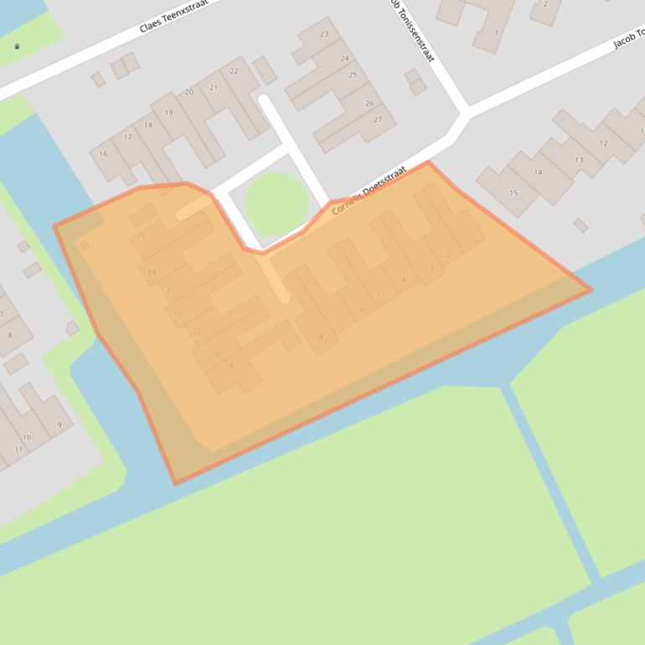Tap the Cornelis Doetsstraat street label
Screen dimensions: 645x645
coord(369,190)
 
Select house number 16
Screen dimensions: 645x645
coord(103,154)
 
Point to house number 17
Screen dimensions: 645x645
coord(128,137)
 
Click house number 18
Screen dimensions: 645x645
coord(148,126)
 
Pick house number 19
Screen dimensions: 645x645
coord(168,113)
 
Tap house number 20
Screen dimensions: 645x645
coord(189,92)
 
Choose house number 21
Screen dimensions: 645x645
coord(214,88)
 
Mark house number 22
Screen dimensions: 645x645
coord(234,71)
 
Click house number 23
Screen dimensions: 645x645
coord(324,34)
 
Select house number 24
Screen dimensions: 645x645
coord(344,59)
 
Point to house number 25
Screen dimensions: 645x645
coord(353,75)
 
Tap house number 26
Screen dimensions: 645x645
coord(369,104)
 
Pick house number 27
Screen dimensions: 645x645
coord(378,120)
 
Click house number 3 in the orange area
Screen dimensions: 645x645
coord(431,268)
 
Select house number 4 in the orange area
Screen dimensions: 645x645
coord(403,280)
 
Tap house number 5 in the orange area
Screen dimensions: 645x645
coord(379,297)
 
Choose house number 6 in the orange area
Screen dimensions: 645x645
coord(362,309)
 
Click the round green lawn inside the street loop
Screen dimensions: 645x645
coord(276,204)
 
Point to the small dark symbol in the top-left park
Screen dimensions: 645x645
coord(18,46)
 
